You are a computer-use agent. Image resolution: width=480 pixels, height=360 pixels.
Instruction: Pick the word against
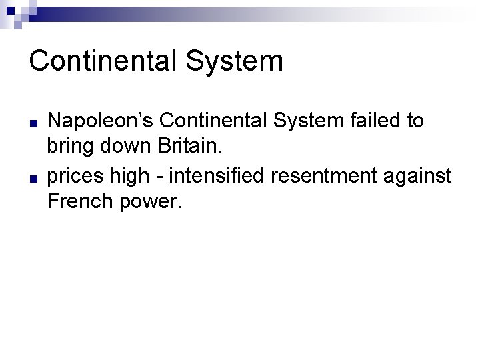coord(420,177)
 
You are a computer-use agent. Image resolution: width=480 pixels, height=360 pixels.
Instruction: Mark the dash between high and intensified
coord(171,177)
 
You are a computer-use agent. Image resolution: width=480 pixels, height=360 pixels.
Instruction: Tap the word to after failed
coord(415,121)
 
